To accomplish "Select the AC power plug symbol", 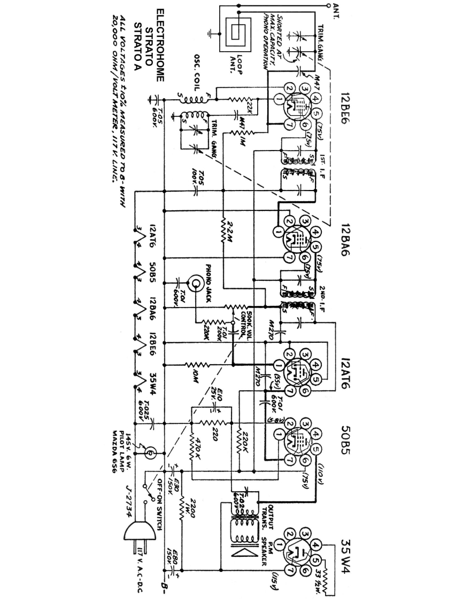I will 138,534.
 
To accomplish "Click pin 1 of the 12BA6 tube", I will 278,232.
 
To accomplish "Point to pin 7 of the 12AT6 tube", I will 289,390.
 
